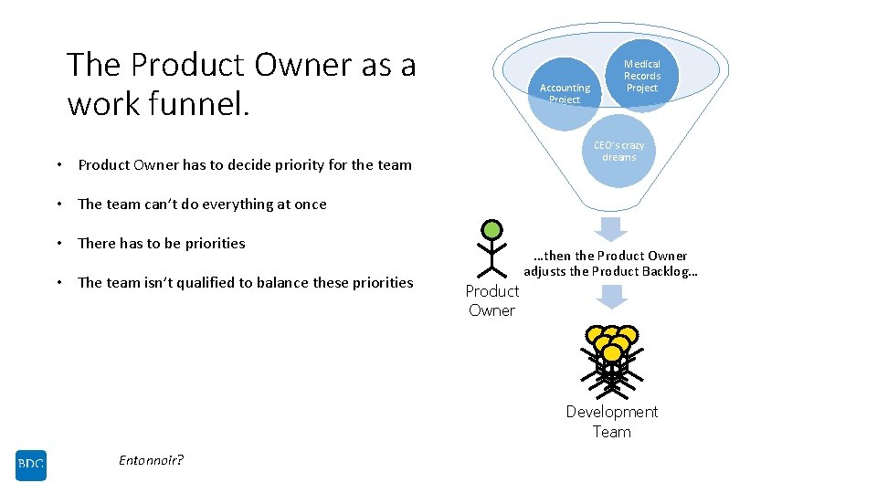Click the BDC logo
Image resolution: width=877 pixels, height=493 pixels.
click(30, 466)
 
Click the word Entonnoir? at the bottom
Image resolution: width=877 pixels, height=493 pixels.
click(151, 460)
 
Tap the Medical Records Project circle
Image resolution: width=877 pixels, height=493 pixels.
click(641, 77)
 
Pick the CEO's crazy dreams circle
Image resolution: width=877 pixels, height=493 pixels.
click(618, 152)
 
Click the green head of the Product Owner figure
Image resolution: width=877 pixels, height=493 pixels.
click(492, 229)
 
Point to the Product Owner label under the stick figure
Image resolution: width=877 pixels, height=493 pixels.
click(491, 300)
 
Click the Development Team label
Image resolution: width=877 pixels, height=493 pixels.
click(611, 422)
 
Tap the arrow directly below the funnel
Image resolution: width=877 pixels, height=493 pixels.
click(611, 228)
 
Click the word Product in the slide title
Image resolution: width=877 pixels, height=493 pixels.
click(188, 65)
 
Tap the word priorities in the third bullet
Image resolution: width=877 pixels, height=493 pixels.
click(212, 244)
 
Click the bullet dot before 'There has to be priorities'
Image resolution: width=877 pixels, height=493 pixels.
click(58, 244)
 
